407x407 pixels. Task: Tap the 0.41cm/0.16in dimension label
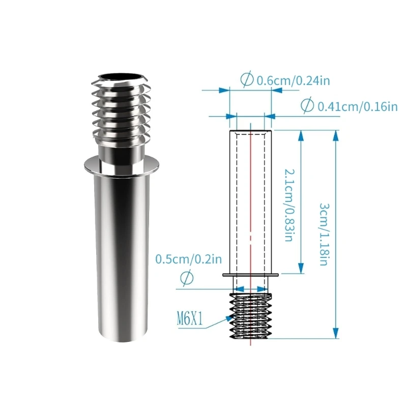tap(357, 106)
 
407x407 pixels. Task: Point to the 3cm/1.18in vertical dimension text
tap(324, 234)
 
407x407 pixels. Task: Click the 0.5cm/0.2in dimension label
tap(188, 259)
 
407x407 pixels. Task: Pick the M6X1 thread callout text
tap(191, 320)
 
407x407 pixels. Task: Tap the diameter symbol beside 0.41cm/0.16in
tap(307, 106)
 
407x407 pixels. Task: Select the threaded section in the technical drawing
tap(250, 315)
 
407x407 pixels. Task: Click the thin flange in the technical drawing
tap(250, 275)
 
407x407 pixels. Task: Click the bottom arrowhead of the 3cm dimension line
tap(335, 334)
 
